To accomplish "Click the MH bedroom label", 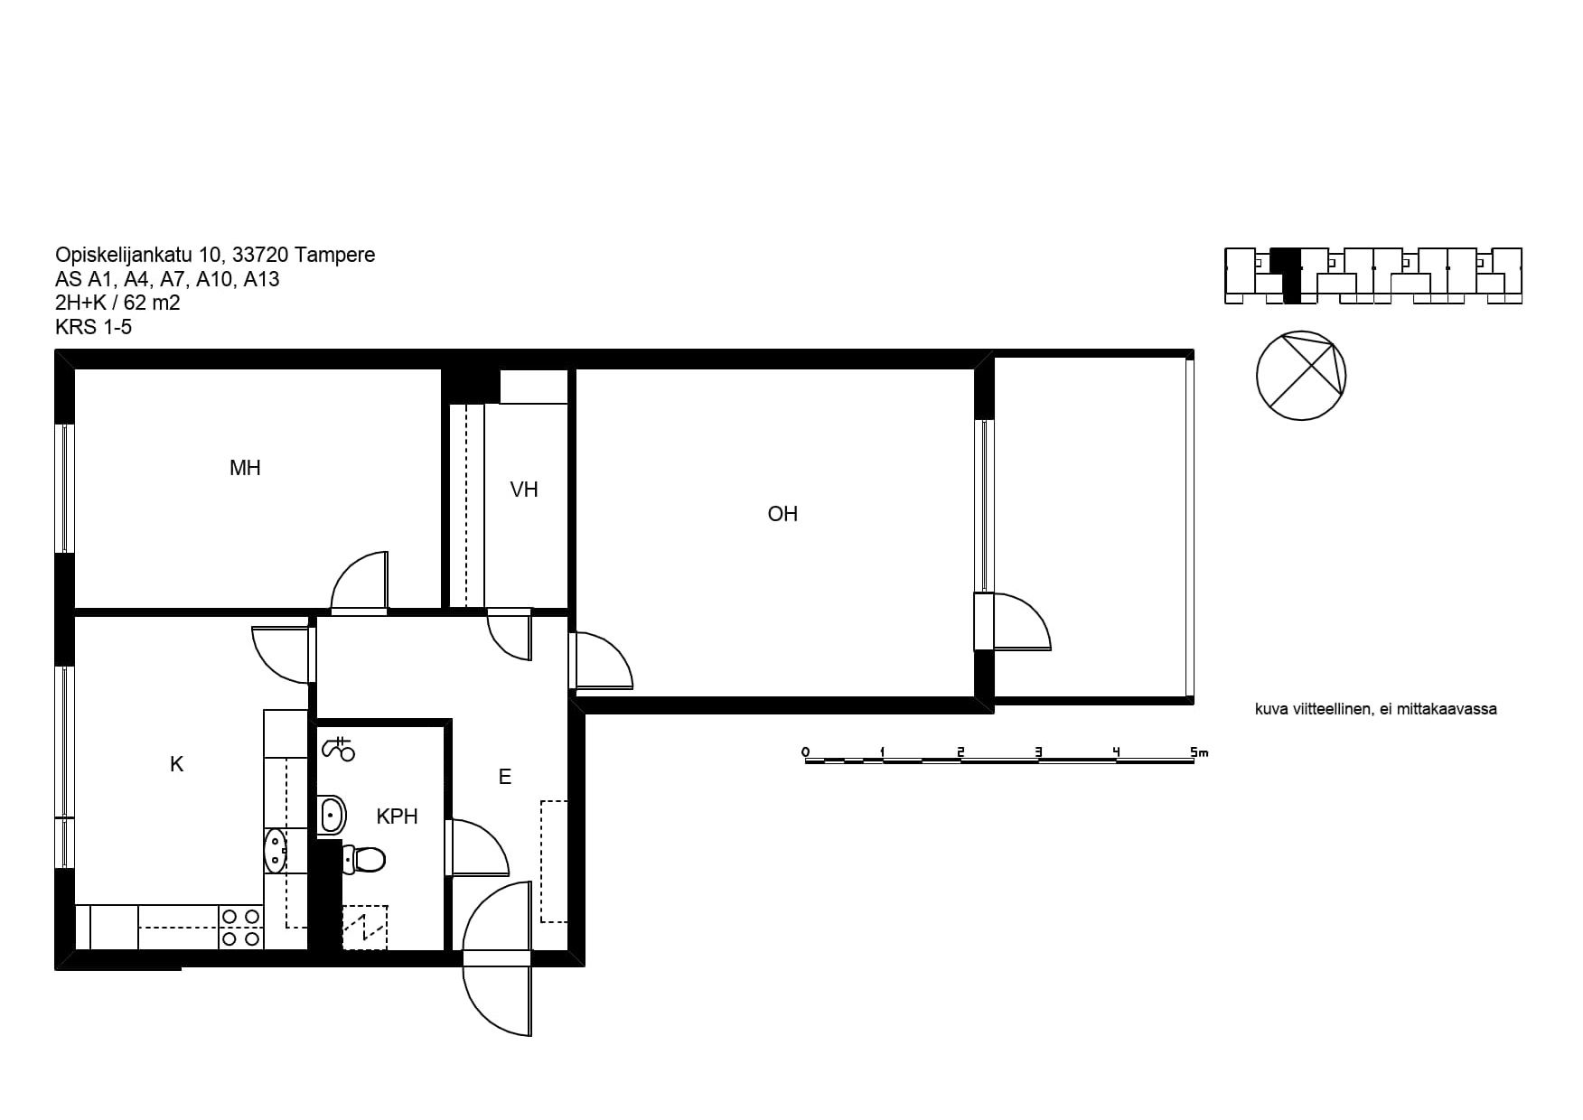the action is click(x=245, y=468).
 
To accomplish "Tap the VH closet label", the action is click(x=524, y=490).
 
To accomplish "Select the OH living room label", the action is click(x=782, y=514).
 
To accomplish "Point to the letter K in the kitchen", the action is click(x=177, y=765).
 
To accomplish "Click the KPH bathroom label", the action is click(x=398, y=817).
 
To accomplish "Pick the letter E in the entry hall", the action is click(x=505, y=777).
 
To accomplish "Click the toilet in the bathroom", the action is click(x=364, y=858).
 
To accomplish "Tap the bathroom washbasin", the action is click(x=332, y=816).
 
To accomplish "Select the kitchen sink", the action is click(x=275, y=850).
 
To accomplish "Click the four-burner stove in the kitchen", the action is click(x=241, y=928).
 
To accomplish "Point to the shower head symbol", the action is click(x=338, y=749).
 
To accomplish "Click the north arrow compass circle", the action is click(x=1301, y=376).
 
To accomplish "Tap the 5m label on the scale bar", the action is click(x=1199, y=751).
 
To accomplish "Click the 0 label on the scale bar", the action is click(x=805, y=751).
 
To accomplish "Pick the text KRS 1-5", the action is click(x=93, y=327).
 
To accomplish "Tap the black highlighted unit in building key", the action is click(x=1288, y=275).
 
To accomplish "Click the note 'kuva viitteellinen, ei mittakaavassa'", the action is click(x=1376, y=709).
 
